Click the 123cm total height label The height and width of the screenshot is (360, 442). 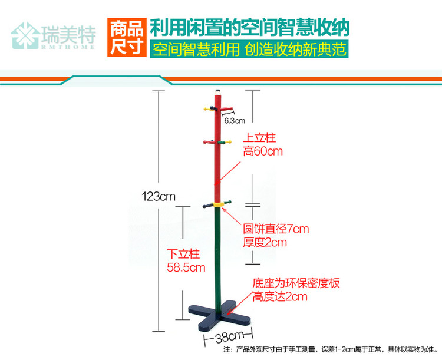[159, 196]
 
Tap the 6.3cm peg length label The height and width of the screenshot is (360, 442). [234, 120]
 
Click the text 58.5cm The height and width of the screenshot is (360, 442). [186, 267]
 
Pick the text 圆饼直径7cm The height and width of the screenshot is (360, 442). [276, 229]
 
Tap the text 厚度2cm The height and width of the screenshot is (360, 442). [265, 242]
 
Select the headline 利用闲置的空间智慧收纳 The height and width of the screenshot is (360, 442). [250, 27]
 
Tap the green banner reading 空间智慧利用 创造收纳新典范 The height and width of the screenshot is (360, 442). [248, 49]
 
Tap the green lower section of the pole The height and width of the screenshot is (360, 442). [217, 253]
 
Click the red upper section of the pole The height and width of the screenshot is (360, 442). [217, 147]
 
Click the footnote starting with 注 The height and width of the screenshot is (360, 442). [330, 349]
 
